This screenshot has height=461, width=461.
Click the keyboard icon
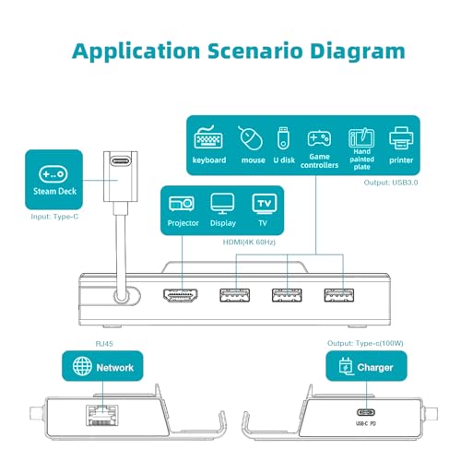(x=208, y=137)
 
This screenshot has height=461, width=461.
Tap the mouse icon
(x=250, y=138)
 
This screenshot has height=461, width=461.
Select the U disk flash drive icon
(x=283, y=137)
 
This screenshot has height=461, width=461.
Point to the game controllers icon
(x=319, y=138)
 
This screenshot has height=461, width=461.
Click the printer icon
(x=401, y=138)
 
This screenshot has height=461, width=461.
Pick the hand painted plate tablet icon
(x=361, y=137)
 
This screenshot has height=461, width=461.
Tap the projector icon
(x=182, y=204)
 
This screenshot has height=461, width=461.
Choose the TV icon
(x=265, y=204)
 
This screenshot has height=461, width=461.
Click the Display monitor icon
(x=222, y=204)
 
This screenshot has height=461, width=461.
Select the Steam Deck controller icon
(x=53, y=174)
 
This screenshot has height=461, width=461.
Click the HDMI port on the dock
(x=180, y=295)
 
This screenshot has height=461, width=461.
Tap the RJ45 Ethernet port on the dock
(x=102, y=415)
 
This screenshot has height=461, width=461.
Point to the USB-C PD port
(x=366, y=412)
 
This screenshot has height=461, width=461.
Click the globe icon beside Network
(x=82, y=366)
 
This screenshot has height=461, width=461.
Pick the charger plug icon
(x=346, y=366)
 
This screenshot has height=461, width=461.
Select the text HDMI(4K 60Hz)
(x=249, y=242)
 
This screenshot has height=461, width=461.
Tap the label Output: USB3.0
(x=391, y=183)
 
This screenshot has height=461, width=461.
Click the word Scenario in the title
(x=255, y=51)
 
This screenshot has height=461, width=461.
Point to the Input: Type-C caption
(x=54, y=217)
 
